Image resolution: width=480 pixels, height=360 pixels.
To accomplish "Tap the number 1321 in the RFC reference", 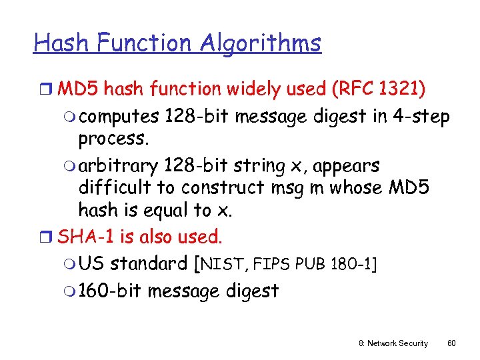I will point(407,88).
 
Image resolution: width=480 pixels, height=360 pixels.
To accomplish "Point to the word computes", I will point(123,116).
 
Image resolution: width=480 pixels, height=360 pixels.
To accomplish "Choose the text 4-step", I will point(421,116).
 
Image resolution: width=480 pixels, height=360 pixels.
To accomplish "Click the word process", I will point(112,139).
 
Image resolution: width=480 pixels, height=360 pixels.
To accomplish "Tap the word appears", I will point(353,165).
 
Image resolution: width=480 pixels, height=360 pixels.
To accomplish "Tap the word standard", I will point(149,263).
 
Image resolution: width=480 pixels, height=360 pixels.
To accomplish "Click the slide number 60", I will point(451,343).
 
